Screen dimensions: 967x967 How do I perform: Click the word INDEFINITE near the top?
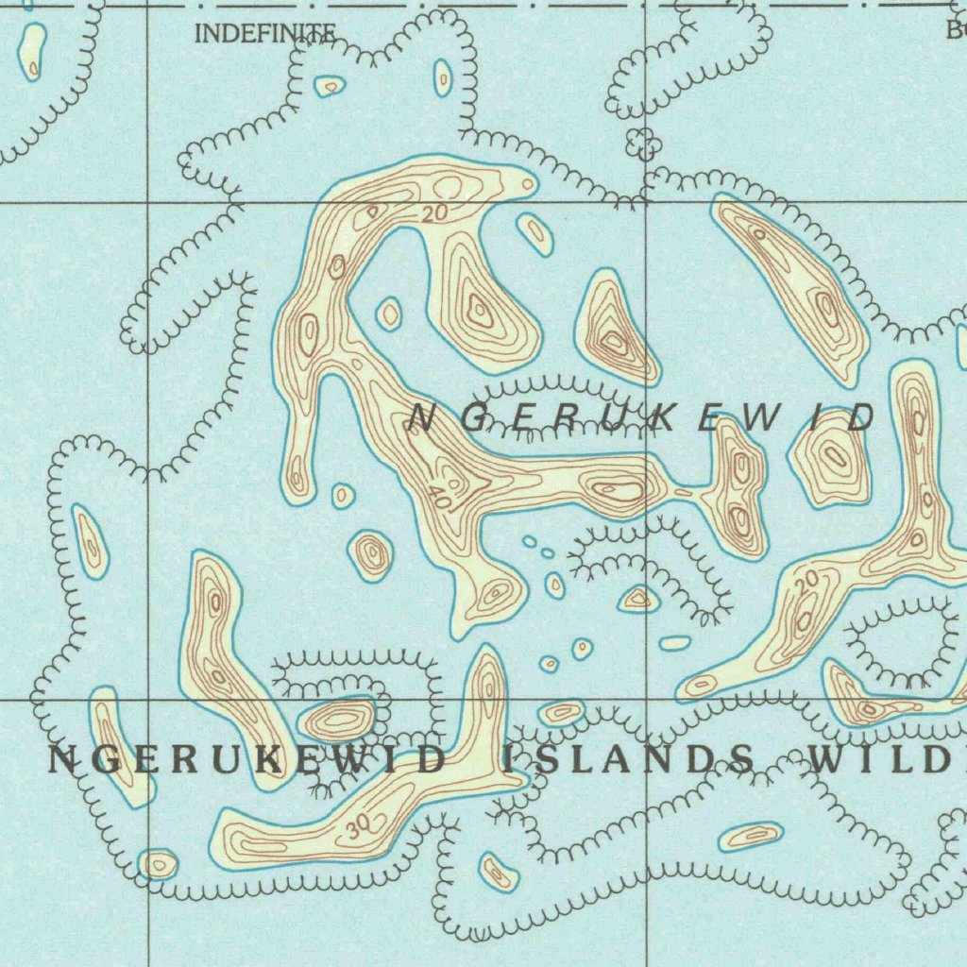[263, 35]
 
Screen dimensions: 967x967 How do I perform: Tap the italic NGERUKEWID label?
[643, 418]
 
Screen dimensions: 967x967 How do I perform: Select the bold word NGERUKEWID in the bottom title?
[246, 759]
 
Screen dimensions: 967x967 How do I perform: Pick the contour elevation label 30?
[357, 828]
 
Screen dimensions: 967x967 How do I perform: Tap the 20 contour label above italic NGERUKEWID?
[433, 214]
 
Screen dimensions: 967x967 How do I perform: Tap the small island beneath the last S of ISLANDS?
[751, 836]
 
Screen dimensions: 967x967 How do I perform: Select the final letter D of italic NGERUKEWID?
[861, 418]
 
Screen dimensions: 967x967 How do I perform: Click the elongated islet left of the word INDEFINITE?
[32, 51]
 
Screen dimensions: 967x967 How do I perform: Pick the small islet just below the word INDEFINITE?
[330, 87]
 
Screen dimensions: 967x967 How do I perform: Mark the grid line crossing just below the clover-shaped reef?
[646, 203]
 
